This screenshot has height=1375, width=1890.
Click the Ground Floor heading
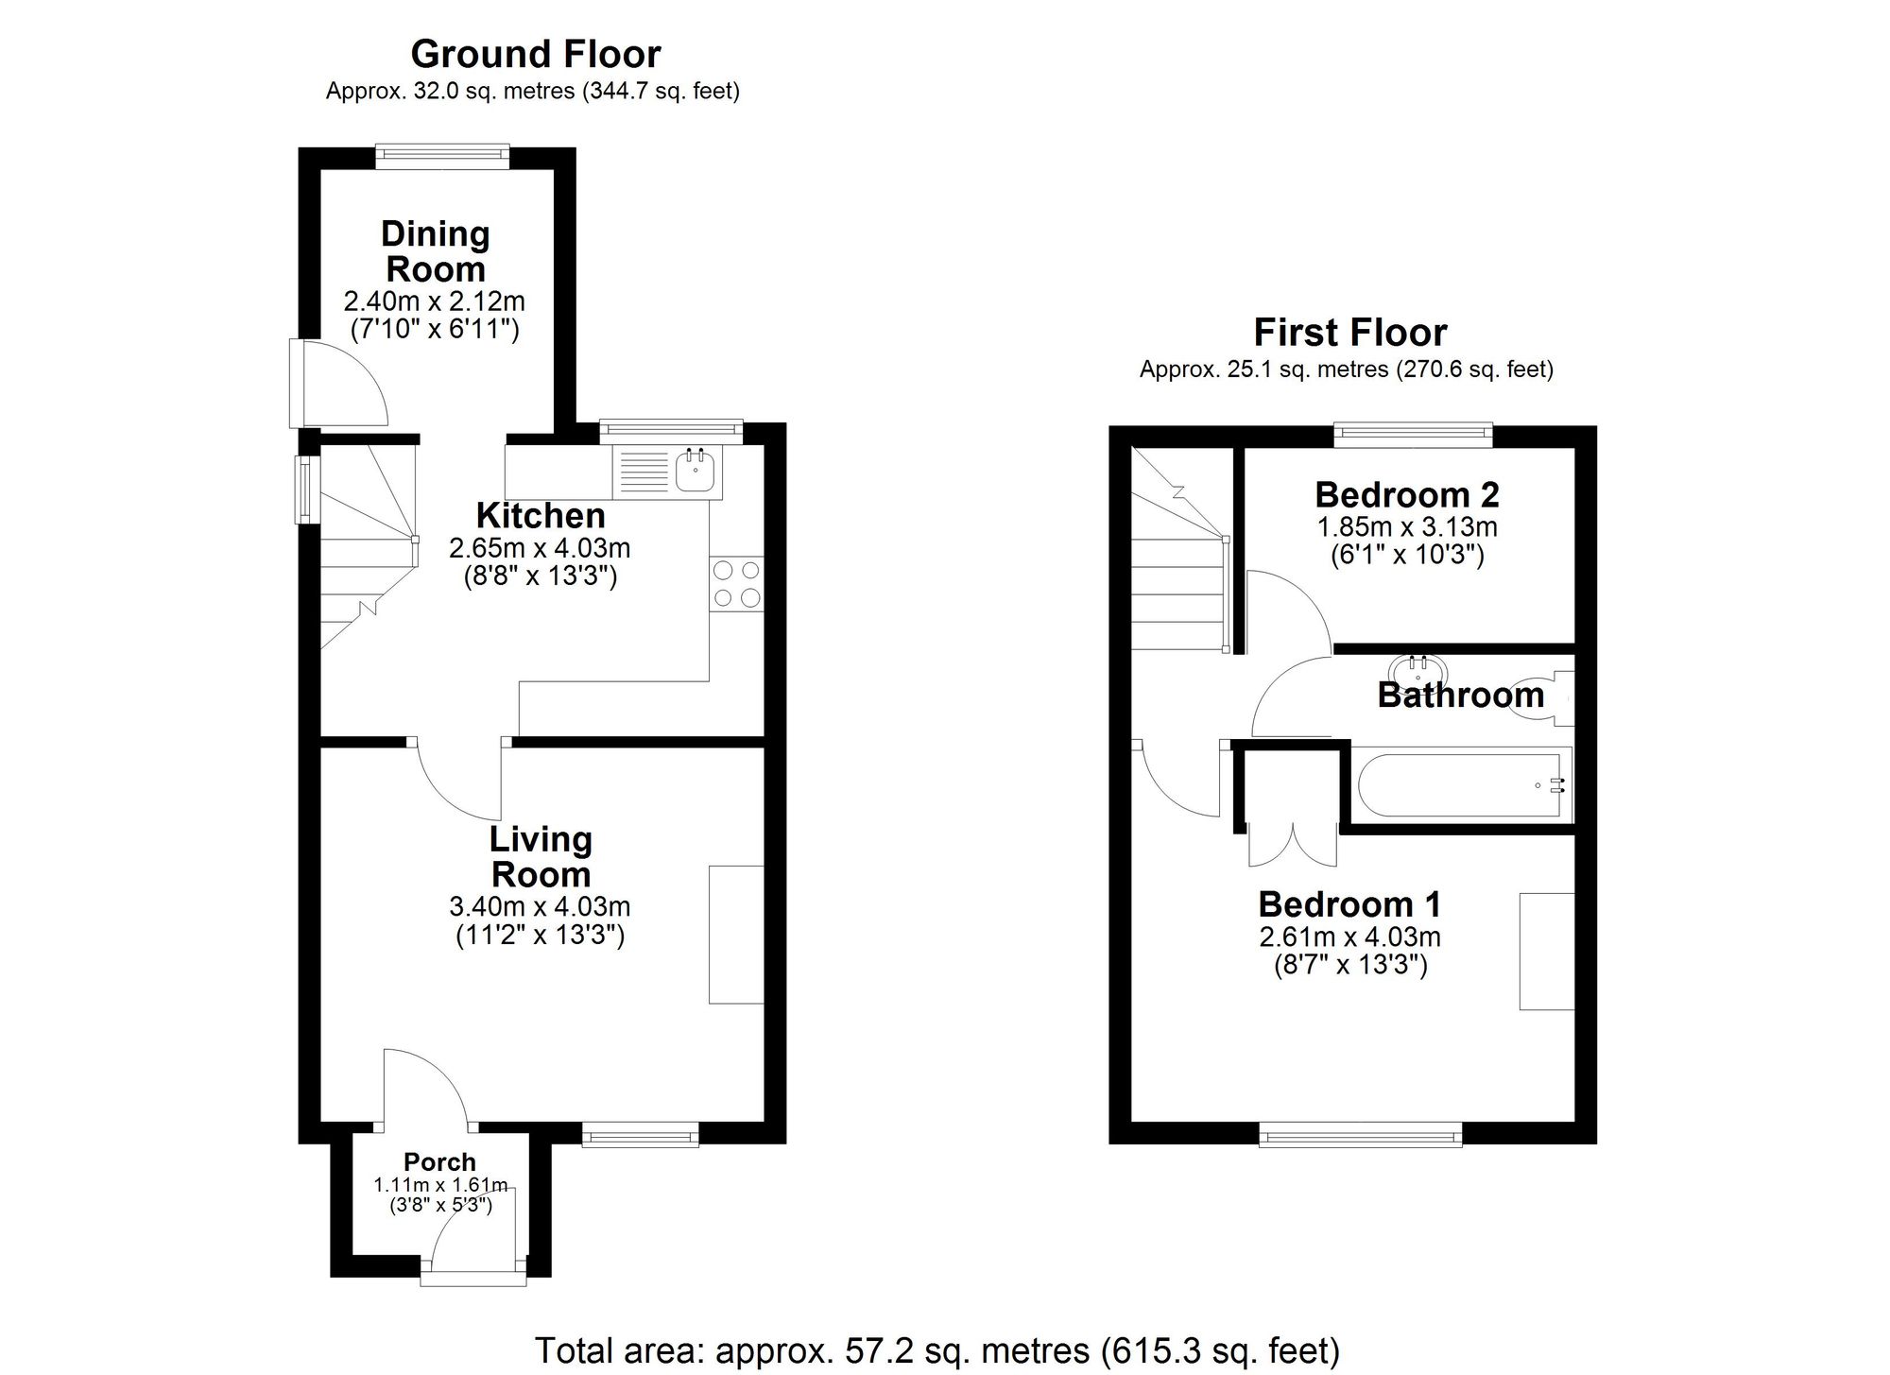point(535,54)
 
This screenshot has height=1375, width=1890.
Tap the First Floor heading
point(1349,333)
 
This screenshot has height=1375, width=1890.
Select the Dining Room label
point(435,251)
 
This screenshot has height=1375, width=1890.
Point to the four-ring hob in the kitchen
point(737,583)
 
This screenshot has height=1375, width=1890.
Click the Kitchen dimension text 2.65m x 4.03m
point(540,548)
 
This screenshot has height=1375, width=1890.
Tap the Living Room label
point(541,856)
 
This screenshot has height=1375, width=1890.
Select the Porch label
point(439,1161)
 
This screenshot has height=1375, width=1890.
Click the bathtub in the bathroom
point(1460,784)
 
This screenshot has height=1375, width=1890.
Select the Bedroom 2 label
point(1407,494)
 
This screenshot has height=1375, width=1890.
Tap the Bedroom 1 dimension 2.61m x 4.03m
point(1349,937)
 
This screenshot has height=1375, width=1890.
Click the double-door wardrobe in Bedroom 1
point(1292,843)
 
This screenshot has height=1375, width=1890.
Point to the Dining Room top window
point(441,155)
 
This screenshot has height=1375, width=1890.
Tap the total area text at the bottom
point(936,1350)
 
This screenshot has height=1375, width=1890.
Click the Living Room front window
point(640,1134)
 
